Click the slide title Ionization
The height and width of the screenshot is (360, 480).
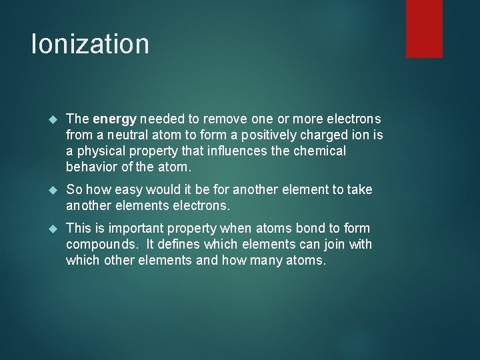[x=90, y=45]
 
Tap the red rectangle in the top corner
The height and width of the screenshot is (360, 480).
[x=425, y=28]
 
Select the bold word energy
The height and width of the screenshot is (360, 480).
[x=115, y=119]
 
